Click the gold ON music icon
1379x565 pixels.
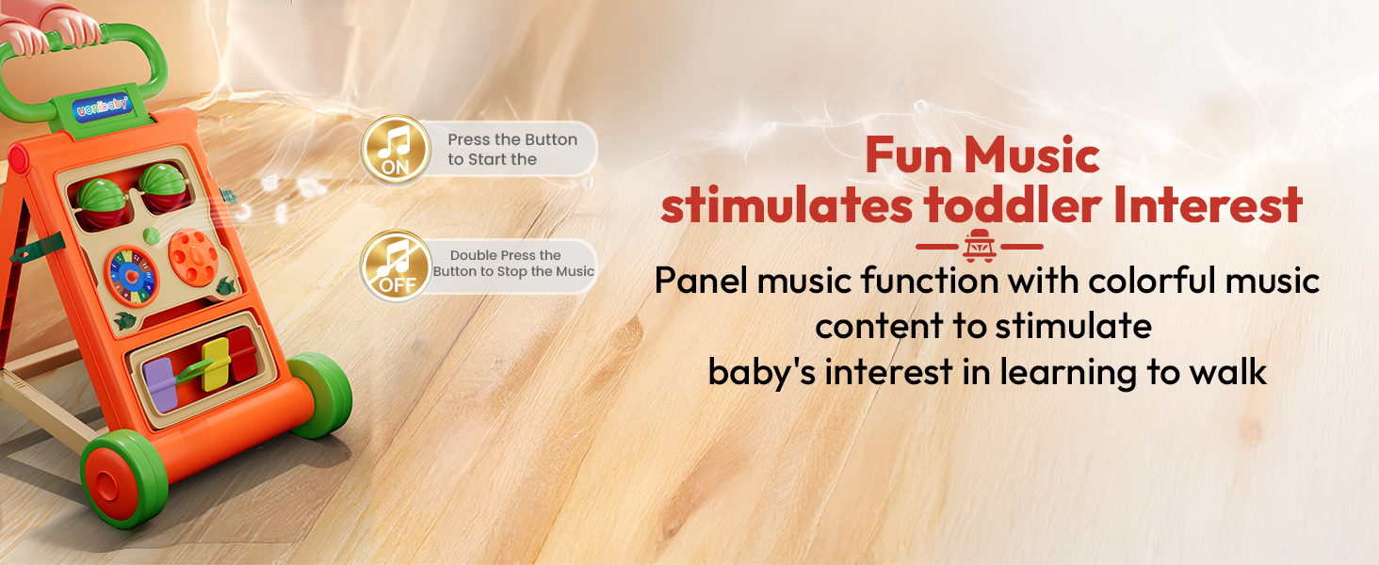(396, 149)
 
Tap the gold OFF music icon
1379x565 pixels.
(396, 266)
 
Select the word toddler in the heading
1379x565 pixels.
(1014, 204)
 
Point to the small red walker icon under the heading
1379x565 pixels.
(980, 246)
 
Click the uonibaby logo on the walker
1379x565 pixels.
(102, 107)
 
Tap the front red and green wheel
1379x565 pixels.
(123, 478)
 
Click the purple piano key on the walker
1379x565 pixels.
(160, 384)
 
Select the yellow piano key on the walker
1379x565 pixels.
(216, 364)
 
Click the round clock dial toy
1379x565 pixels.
(132, 276)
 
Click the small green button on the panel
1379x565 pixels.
(151, 235)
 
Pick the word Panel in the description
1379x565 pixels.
(701, 281)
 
